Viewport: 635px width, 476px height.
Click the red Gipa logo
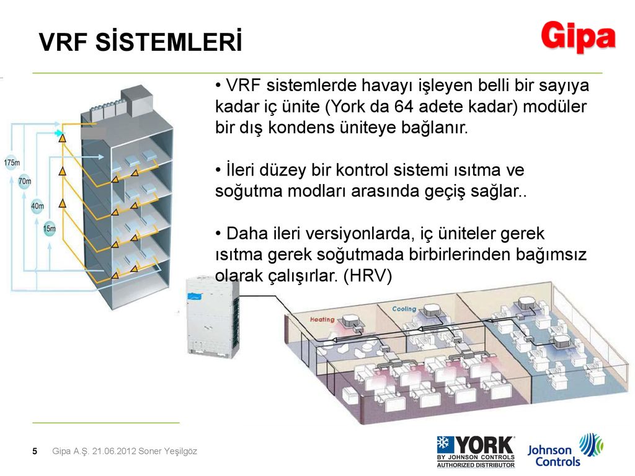(579, 37)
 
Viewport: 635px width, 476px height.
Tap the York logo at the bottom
(476, 452)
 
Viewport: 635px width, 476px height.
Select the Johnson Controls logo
(566, 451)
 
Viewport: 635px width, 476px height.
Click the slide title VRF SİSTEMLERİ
(141, 42)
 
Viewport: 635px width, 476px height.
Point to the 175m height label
(12, 163)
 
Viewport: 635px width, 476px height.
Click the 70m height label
(25, 182)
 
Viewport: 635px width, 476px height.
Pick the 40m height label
(37, 206)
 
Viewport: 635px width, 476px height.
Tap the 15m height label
(50, 229)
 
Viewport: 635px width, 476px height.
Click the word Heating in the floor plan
(322, 319)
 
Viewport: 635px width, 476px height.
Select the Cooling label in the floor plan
(404, 309)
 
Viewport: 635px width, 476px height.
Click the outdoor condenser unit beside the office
(213, 317)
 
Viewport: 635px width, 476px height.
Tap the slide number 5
(35, 451)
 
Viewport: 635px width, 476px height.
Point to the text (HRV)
(367, 276)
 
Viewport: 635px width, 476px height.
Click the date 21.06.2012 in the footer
(114, 451)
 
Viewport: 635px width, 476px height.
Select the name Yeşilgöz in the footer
(180, 451)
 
